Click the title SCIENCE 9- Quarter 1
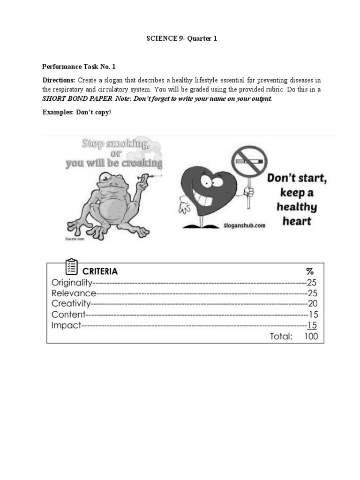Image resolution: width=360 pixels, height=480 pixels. (x=181, y=39)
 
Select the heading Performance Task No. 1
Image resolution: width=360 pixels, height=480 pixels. (x=79, y=67)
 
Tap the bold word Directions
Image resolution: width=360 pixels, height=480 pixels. (x=59, y=80)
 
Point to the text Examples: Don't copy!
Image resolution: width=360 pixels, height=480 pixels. (x=77, y=112)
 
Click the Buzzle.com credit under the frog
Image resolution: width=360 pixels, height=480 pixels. (x=71, y=239)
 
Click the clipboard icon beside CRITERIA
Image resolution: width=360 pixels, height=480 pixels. (x=71, y=267)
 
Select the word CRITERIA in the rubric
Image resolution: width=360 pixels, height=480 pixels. (x=100, y=271)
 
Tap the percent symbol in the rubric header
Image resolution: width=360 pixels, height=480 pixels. (x=309, y=271)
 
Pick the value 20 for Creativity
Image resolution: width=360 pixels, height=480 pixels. (x=313, y=304)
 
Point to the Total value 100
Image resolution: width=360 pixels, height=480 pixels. (x=310, y=336)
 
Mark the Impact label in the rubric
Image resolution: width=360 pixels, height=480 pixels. (x=66, y=325)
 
